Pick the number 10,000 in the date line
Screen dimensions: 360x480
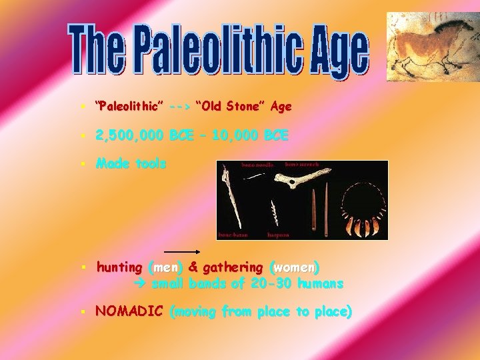237,135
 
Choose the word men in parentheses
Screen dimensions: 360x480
165,267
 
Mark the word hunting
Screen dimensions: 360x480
119,267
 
